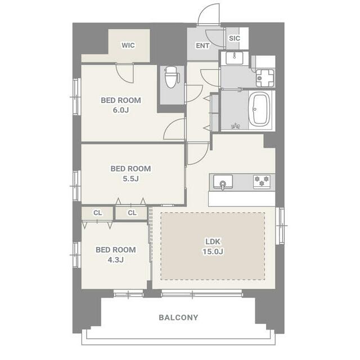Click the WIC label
[128, 45]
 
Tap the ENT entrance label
[202, 46]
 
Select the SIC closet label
[234, 38]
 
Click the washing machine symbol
[265, 78]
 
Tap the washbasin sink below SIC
[235, 58]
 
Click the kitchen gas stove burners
[262, 181]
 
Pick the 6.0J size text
[120, 110]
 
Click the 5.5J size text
[130, 178]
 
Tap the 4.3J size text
[115, 260]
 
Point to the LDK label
[213, 241]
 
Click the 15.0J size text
[213, 251]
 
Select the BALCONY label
[178, 317]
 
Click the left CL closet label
[97, 213]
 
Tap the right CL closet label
[132, 213]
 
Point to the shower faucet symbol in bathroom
[235, 126]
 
